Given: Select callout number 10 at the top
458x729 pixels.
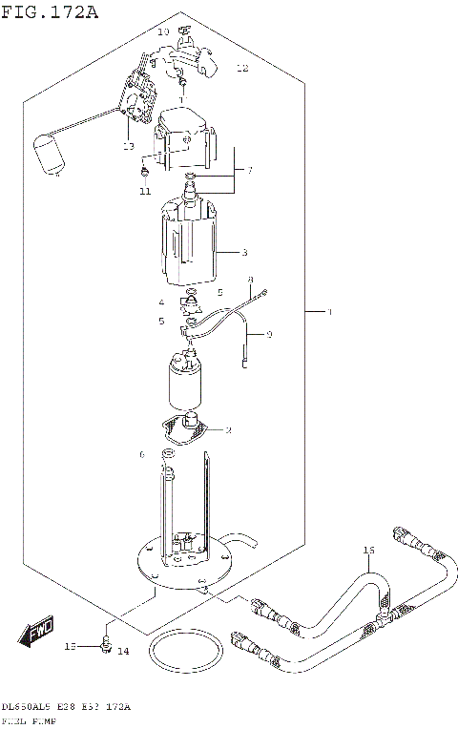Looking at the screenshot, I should click(162, 32).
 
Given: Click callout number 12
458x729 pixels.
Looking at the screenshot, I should click(242, 69).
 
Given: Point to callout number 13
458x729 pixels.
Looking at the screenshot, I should click(128, 146).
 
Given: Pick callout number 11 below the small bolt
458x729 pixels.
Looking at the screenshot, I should click(144, 191).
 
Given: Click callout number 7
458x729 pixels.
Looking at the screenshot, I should click(249, 171).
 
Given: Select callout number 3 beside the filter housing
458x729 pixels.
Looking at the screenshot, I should click(244, 253).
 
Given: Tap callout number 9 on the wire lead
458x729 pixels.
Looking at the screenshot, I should click(269, 334).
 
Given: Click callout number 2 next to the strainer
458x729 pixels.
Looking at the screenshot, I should click(229, 430).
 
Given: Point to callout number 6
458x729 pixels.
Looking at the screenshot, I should click(142, 453).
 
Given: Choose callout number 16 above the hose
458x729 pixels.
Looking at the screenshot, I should click(369, 552).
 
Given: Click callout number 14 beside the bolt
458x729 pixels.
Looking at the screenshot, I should click(122, 651).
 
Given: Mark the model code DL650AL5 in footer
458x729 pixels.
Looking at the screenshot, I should click(25, 707).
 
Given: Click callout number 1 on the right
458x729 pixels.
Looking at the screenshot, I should click(330, 312).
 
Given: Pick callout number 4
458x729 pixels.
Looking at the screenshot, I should click(161, 302).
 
